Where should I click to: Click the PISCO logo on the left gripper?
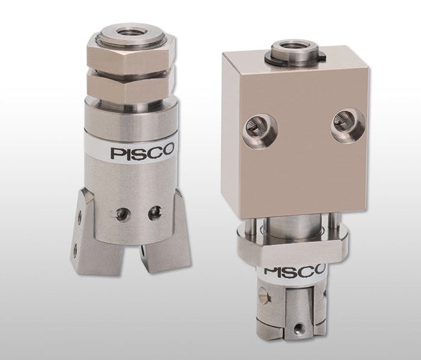(x=142, y=152)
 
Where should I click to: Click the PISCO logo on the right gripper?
(x=294, y=272)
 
